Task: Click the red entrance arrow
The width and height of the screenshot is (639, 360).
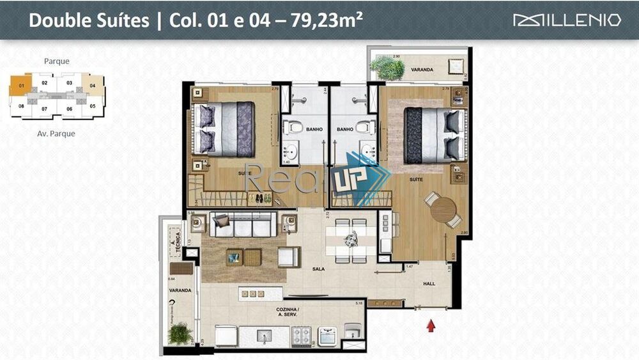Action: coord(431,326)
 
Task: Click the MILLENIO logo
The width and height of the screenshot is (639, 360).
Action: coord(567,20)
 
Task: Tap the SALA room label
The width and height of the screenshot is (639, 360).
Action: coord(319,269)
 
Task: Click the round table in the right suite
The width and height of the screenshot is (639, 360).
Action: coord(442,209)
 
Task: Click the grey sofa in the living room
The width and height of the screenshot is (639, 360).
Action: coord(243,224)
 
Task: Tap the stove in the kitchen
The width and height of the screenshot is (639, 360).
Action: coord(302,334)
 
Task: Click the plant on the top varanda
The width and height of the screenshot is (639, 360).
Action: coord(389,68)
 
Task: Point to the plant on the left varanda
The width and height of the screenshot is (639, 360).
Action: coord(180,333)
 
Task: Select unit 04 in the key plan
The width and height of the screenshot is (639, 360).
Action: coord(93,85)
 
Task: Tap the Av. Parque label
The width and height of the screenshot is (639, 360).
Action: coord(57,134)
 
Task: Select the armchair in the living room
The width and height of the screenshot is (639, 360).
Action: coord(288,257)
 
